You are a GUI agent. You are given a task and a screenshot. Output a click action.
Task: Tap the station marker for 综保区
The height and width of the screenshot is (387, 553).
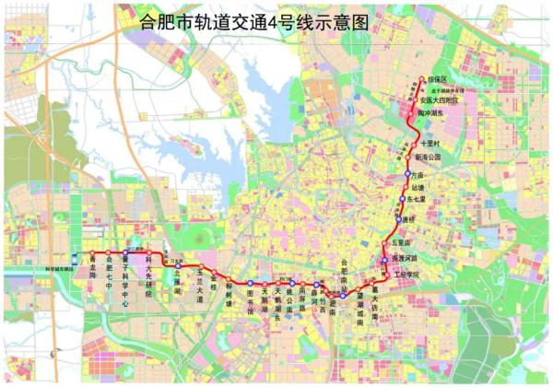(x=421, y=79)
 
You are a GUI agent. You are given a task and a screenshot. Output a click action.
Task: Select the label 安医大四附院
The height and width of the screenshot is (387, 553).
(x=441, y=100)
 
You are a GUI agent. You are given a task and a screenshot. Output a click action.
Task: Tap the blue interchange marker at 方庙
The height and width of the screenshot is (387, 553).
(x=407, y=173)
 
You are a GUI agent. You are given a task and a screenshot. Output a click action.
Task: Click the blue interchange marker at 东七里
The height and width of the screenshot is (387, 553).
(x=403, y=197)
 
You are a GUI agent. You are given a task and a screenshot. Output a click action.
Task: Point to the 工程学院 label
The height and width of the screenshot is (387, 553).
(x=406, y=275)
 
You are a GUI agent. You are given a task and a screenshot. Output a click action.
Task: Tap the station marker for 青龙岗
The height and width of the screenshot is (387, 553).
(x=91, y=252)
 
